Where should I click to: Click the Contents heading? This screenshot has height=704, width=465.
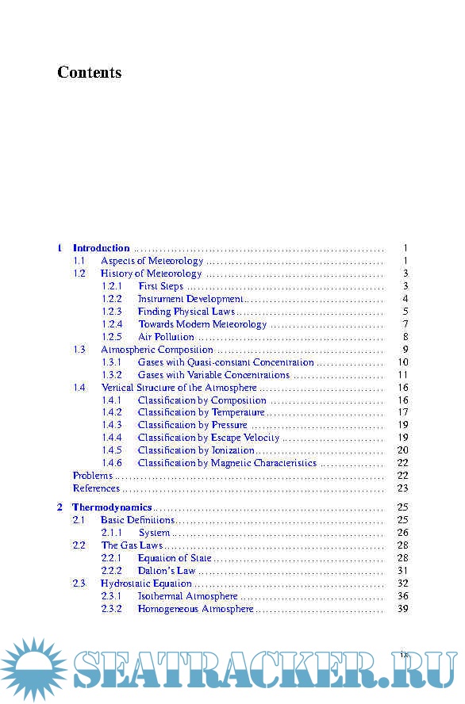(x=89, y=73)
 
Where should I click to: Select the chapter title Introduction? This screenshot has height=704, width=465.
(x=102, y=248)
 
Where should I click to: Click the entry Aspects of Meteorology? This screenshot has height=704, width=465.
(x=152, y=261)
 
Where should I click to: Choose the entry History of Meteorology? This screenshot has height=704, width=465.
(x=152, y=274)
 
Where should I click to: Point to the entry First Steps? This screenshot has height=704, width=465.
(x=160, y=286)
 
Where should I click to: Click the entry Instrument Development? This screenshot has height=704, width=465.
(x=190, y=299)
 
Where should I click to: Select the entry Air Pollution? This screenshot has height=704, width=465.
(x=166, y=337)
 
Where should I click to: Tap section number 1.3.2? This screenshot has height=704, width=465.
(x=112, y=375)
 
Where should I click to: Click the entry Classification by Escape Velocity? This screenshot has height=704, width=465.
(x=209, y=438)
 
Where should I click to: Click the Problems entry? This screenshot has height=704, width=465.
(x=93, y=476)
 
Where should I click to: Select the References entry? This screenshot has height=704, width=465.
(x=96, y=488)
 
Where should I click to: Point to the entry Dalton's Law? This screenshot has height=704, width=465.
(x=167, y=571)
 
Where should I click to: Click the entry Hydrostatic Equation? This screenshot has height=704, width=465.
(x=147, y=583)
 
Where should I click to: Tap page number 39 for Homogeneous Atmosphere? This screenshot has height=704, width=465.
(x=402, y=609)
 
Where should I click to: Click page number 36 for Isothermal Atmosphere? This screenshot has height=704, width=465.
(x=402, y=596)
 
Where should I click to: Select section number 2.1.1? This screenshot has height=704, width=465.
(x=112, y=533)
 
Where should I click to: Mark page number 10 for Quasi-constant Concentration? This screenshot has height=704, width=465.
(x=402, y=362)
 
